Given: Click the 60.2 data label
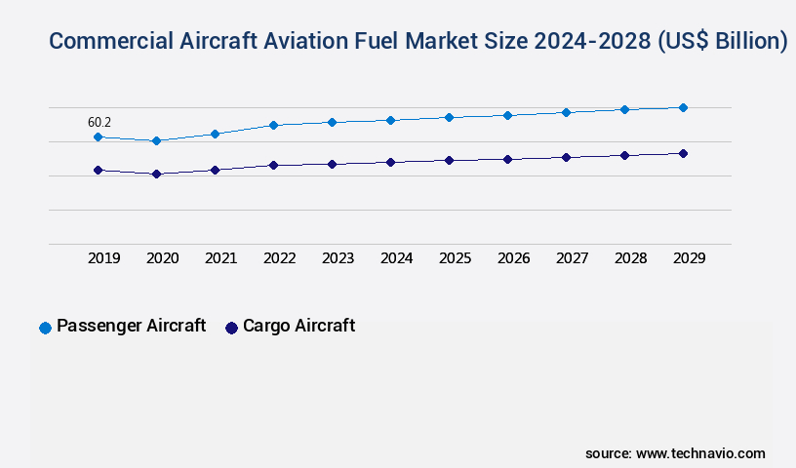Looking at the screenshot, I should pyautogui.click(x=99, y=123).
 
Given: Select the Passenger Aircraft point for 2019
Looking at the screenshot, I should pyautogui.click(x=98, y=137).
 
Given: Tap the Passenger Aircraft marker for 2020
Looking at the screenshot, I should pyautogui.click(x=156, y=141).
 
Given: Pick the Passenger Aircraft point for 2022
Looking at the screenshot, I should pyautogui.click(x=273, y=125).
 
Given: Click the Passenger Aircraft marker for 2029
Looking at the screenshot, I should pyautogui.click(x=683, y=107).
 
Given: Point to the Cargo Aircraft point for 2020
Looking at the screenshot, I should pyautogui.click(x=156, y=175).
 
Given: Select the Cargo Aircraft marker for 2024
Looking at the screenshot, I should pyautogui.click(x=390, y=162).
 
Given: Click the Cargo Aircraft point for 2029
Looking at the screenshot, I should pyautogui.click(x=683, y=153).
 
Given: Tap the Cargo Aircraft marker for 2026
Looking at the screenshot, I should pyautogui.click(x=507, y=159).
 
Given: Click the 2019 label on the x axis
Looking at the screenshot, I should pyautogui.click(x=103, y=258).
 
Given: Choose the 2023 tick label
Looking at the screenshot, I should pyautogui.click(x=338, y=258).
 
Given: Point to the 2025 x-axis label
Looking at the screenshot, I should pyautogui.click(x=455, y=258).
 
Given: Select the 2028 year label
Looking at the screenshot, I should pyautogui.click(x=630, y=258).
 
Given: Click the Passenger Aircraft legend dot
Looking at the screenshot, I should pyautogui.click(x=45, y=328).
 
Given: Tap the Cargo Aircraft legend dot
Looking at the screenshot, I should pyautogui.click(x=231, y=328).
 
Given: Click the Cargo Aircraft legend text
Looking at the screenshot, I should pyautogui.click(x=298, y=326).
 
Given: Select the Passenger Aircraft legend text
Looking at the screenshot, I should pyautogui.click(x=131, y=326).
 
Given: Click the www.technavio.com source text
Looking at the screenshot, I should pyautogui.click(x=699, y=453).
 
